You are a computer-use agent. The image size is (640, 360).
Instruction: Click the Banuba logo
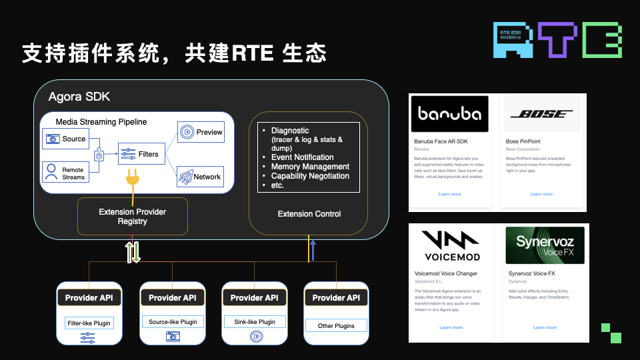pos(449,114)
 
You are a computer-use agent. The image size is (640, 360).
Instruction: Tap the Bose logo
pos(541,114)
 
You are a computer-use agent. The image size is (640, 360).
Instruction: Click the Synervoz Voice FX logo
pos(545,245)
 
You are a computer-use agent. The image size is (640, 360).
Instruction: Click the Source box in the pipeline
pos(65,139)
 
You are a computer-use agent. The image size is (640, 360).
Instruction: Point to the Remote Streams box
pos(65,173)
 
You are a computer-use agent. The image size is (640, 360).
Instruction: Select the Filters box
pos(141,154)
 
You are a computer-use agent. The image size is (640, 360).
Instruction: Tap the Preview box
pos(200,132)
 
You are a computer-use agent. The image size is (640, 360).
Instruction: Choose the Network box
pos(200,177)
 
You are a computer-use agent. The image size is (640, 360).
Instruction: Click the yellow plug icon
pos(132,179)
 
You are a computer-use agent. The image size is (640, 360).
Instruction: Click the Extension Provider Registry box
pos(132,216)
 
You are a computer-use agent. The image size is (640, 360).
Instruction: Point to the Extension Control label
pos(309,214)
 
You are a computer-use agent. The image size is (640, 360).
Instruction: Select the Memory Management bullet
pos(310,167)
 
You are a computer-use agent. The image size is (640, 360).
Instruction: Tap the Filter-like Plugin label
pos(89,323)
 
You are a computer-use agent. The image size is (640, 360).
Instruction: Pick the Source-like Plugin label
pos(173,322)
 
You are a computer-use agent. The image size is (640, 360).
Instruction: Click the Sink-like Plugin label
pos(254,322)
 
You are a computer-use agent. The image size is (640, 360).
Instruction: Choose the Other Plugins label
pos(336,326)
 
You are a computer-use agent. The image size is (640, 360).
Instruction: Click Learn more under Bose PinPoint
pos(541,194)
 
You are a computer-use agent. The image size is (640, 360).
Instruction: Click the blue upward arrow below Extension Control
pos(312,250)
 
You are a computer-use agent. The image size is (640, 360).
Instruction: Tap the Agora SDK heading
pos(79,97)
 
